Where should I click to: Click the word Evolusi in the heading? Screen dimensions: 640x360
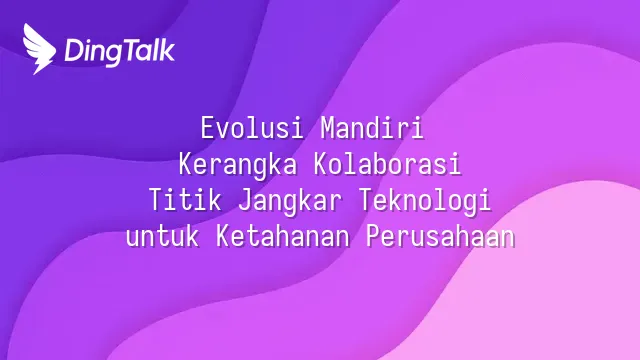251,128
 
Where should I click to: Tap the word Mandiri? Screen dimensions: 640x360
372,128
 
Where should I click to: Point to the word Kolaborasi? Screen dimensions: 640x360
388,164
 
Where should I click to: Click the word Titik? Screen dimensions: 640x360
185,200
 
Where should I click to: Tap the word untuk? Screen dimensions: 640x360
162,236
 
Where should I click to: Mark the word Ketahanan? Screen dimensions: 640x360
282,236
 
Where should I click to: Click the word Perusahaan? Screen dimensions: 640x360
440,236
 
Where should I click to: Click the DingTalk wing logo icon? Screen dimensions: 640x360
38,49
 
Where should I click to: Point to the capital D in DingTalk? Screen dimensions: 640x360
75,51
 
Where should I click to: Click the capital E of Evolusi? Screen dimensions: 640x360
207,128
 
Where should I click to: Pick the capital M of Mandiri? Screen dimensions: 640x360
327,128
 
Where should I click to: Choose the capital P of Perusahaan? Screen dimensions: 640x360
373,236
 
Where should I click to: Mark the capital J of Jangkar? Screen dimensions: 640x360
244,200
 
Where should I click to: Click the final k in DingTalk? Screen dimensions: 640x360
167,50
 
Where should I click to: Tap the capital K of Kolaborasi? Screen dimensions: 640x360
321,164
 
